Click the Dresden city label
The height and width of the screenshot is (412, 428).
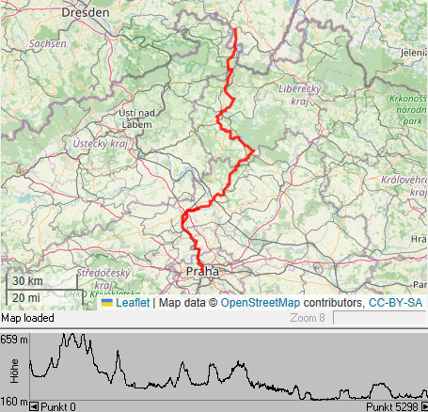(86, 13)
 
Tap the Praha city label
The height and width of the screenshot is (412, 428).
(202, 271)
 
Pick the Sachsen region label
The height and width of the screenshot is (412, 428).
(47, 43)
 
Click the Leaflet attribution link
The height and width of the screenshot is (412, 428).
(133, 303)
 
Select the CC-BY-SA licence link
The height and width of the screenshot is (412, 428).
(395, 303)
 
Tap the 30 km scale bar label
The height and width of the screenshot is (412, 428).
(27, 281)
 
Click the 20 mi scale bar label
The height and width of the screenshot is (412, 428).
(26, 297)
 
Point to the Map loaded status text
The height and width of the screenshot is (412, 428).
(27, 318)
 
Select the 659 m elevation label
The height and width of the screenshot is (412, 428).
(14, 339)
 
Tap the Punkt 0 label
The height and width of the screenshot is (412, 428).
(57, 406)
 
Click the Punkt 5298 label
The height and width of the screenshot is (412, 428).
(391, 406)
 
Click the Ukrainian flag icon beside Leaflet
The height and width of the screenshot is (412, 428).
(107, 303)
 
